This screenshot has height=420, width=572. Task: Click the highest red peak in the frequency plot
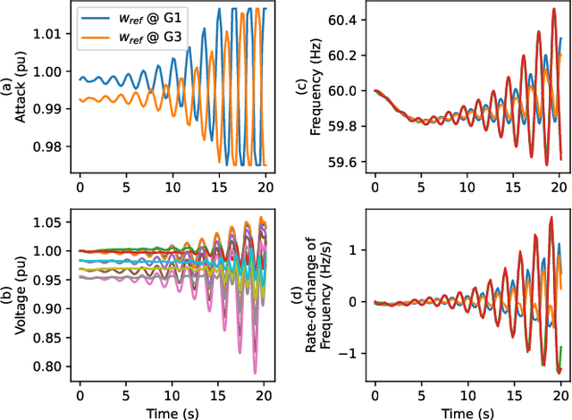(x=541, y=33)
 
